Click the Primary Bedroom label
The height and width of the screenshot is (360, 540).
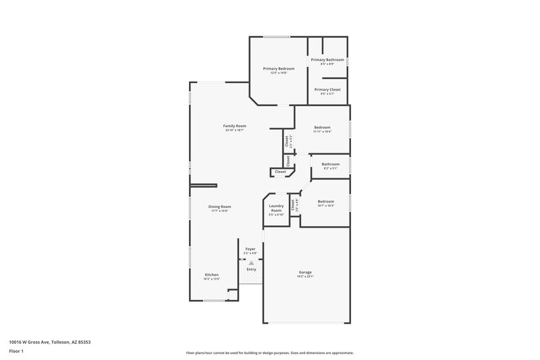click(x=278, y=68)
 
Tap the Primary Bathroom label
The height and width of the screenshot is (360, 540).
click(x=327, y=59)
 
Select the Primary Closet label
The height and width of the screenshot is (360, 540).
click(x=327, y=89)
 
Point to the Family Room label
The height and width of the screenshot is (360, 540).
click(x=235, y=126)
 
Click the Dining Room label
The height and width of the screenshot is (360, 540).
click(x=219, y=207)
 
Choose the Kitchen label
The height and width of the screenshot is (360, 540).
click(x=212, y=274)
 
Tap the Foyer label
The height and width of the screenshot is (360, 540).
click(x=250, y=249)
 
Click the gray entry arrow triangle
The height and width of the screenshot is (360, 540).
click(x=251, y=263)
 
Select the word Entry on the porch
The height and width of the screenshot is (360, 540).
click(x=251, y=269)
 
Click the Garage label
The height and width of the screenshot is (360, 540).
click(x=305, y=272)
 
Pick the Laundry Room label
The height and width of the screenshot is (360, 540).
click(x=275, y=208)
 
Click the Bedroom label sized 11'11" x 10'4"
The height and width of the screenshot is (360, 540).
click(x=322, y=127)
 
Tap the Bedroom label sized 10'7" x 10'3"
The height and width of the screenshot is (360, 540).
click(x=326, y=201)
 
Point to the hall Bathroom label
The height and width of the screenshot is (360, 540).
click(x=330, y=164)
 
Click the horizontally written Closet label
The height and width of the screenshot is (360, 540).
click(x=280, y=172)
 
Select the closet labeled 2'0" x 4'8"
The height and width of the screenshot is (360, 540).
click(x=292, y=205)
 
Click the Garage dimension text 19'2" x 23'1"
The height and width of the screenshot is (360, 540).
click(x=305, y=277)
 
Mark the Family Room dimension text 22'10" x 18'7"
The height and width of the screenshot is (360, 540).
click(x=235, y=130)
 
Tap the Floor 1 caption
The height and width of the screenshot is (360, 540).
click(x=17, y=352)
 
